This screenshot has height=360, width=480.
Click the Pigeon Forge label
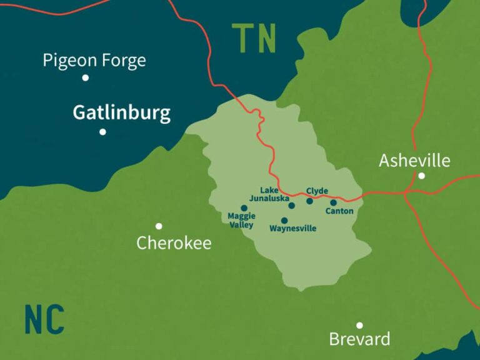pyautogui.click(x=94, y=60)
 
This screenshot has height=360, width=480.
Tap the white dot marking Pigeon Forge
pyautogui.click(x=86, y=78)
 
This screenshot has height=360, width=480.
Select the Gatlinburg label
pyautogui.click(x=121, y=113)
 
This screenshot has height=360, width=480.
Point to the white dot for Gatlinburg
pyautogui.click(x=102, y=132)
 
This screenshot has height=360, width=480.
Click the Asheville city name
pyautogui.click(x=414, y=161)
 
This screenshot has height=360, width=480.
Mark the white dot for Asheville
pyautogui.click(x=422, y=176)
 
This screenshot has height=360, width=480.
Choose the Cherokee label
pyautogui.click(x=174, y=243)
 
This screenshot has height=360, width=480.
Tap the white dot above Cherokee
pyautogui.click(x=159, y=226)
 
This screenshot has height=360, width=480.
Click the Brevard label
pyautogui.click(x=359, y=339)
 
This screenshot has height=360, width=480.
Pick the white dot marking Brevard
pyautogui.click(x=359, y=325)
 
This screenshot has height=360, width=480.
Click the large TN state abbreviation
pyautogui.click(x=254, y=39)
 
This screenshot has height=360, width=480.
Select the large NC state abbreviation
pyautogui.click(x=44, y=319)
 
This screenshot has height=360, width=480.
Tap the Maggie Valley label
pyautogui.click(x=241, y=221)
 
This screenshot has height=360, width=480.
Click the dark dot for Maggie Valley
pyautogui.click(x=244, y=208)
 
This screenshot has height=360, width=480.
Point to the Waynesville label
pyautogui.click(x=292, y=229)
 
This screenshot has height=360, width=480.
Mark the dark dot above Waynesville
pyautogui.click(x=284, y=221)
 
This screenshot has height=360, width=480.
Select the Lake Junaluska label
pyautogui.click(x=269, y=194)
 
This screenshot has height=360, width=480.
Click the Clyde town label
pyautogui.click(x=317, y=191)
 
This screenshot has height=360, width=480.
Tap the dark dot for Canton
pyautogui.click(x=333, y=202)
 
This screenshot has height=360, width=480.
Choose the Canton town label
pyautogui.click(x=339, y=211)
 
